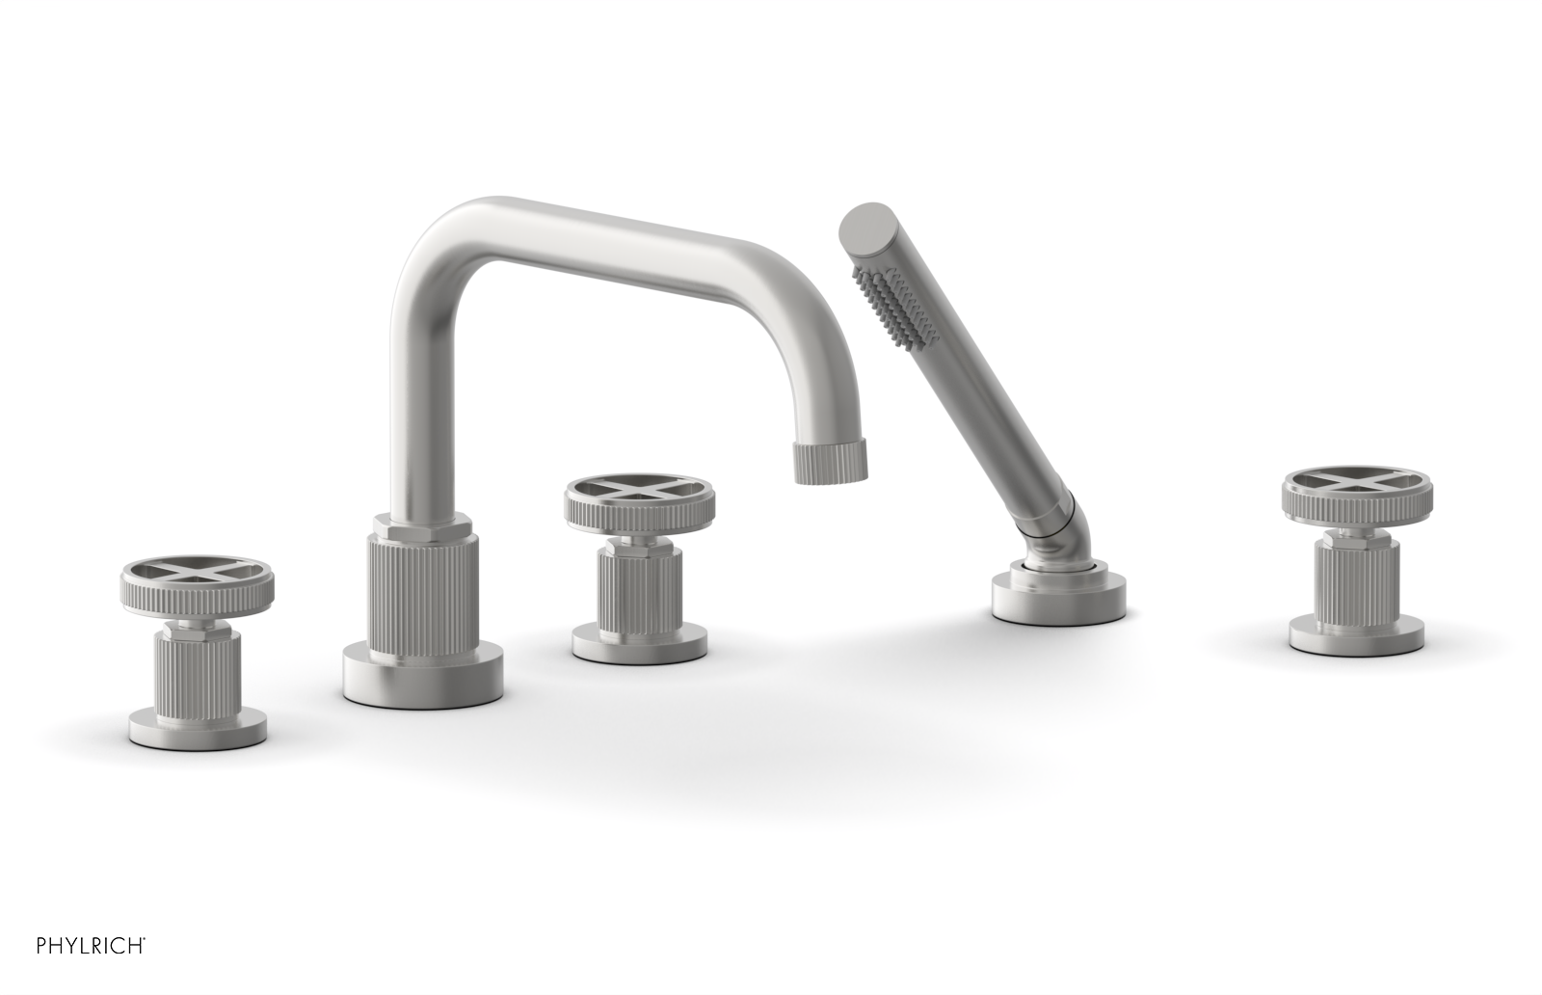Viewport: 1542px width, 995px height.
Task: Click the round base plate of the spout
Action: [x=423, y=678]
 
